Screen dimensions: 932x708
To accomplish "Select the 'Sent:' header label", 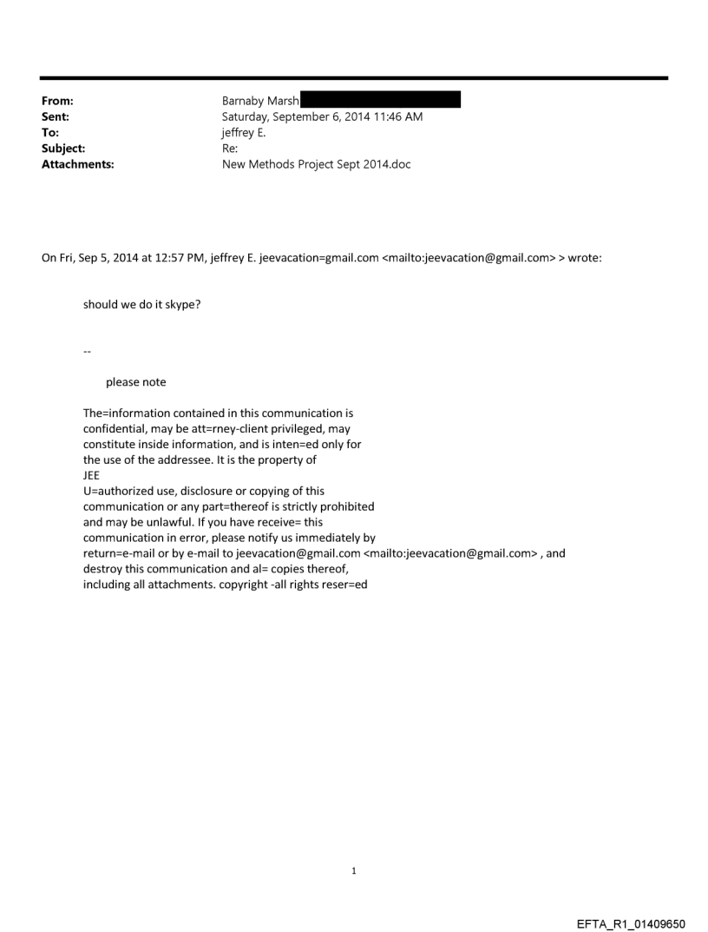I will [56, 116].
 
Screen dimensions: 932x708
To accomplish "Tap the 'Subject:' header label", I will [63, 148].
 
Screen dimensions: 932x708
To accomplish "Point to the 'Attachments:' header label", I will [77, 163].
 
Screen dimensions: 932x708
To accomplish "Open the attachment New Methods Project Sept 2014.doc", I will [316, 163].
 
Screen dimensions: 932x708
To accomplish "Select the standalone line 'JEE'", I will [91, 475].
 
